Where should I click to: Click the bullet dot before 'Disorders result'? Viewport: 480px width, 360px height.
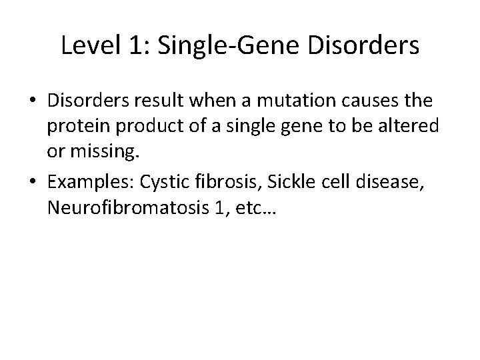[x=33, y=101]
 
